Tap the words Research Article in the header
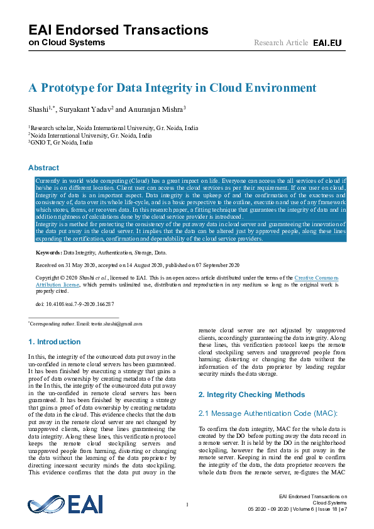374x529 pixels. [281, 42]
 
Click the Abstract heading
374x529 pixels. [43, 168]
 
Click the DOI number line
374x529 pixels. [75, 304]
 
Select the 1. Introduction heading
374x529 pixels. [55, 342]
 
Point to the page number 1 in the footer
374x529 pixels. [187, 504]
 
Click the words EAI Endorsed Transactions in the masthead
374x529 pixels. [118, 30]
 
